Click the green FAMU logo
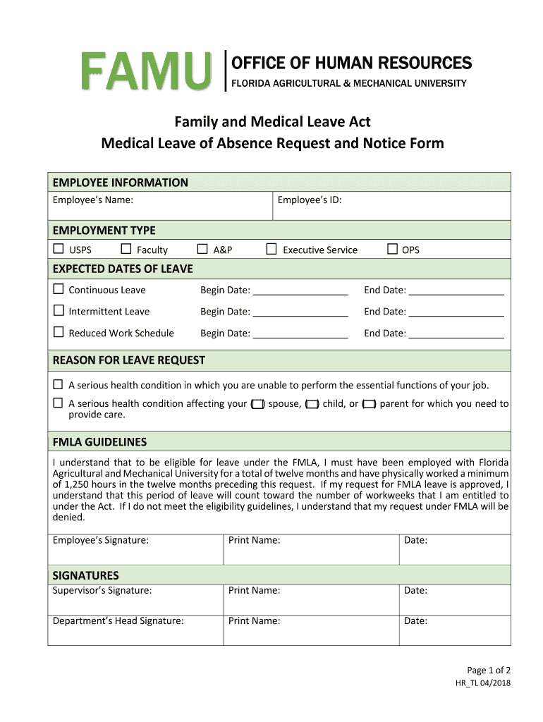(x=146, y=72)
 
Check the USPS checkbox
(x=59, y=249)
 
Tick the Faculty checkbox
(x=126, y=249)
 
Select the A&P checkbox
(x=202, y=249)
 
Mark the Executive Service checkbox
(x=271, y=249)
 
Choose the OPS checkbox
(x=392, y=249)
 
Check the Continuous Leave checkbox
(x=59, y=289)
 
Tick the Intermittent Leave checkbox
(x=59, y=311)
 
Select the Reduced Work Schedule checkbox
(x=59, y=332)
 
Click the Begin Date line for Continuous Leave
(x=300, y=290)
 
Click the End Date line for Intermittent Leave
(x=456, y=312)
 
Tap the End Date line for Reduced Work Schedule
(x=456, y=333)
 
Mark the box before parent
(x=369, y=404)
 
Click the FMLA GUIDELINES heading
(x=99, y=442)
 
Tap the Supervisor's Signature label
(x=102, y=590)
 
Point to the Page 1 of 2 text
(x=489, y=670)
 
